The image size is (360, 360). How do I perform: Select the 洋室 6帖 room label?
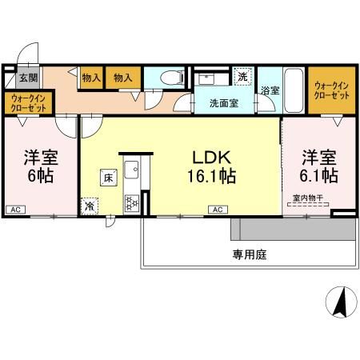[39, 166]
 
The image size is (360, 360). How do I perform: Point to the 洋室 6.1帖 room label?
[318, 166]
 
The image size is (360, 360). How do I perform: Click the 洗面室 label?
[224, 104]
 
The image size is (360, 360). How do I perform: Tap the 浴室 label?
[270, 91]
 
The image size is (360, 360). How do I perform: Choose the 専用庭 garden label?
[249, 256]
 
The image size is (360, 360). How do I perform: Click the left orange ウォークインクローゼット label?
[30, 103]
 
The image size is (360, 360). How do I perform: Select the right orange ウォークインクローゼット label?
[331, 90]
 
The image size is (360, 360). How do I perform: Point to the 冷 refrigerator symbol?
[89, 205]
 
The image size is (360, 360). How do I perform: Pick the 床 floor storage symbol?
[106, 178]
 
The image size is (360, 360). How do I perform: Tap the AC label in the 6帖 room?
[14, 210]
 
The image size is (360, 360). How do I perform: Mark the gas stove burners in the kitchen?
[130, 202]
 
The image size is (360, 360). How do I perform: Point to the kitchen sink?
[131, 170]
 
